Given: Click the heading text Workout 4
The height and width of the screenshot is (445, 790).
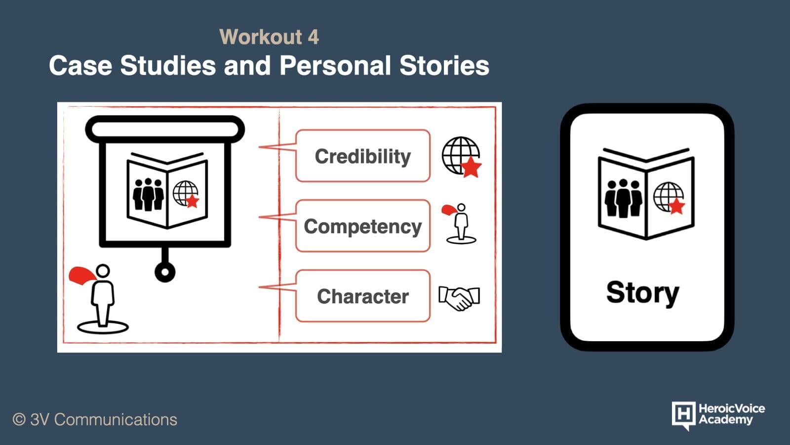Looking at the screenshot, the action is click(269, 37).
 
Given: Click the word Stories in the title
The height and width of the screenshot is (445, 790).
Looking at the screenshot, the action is click(444, 66).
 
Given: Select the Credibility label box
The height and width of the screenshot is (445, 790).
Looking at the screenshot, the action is click(363, 156).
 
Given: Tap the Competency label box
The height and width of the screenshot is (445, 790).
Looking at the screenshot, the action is click(363, 226).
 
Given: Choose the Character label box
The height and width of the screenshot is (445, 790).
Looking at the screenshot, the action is click(363, 296).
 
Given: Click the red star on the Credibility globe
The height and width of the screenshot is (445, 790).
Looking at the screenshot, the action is click(471, 167).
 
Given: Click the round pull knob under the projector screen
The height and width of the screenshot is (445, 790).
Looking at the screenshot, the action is click(165, 272).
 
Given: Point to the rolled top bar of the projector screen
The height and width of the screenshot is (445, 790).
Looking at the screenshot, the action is click(165, 129).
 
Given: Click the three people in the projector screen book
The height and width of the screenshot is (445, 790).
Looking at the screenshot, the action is click(148, 195).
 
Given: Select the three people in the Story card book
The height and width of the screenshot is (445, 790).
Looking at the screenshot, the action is click(624, 198).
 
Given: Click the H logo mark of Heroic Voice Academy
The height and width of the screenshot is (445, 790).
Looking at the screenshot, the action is click(683, 415).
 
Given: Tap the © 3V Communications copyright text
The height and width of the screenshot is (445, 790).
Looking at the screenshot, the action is click(95, 420).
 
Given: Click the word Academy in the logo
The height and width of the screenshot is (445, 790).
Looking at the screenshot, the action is click(725, 420).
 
